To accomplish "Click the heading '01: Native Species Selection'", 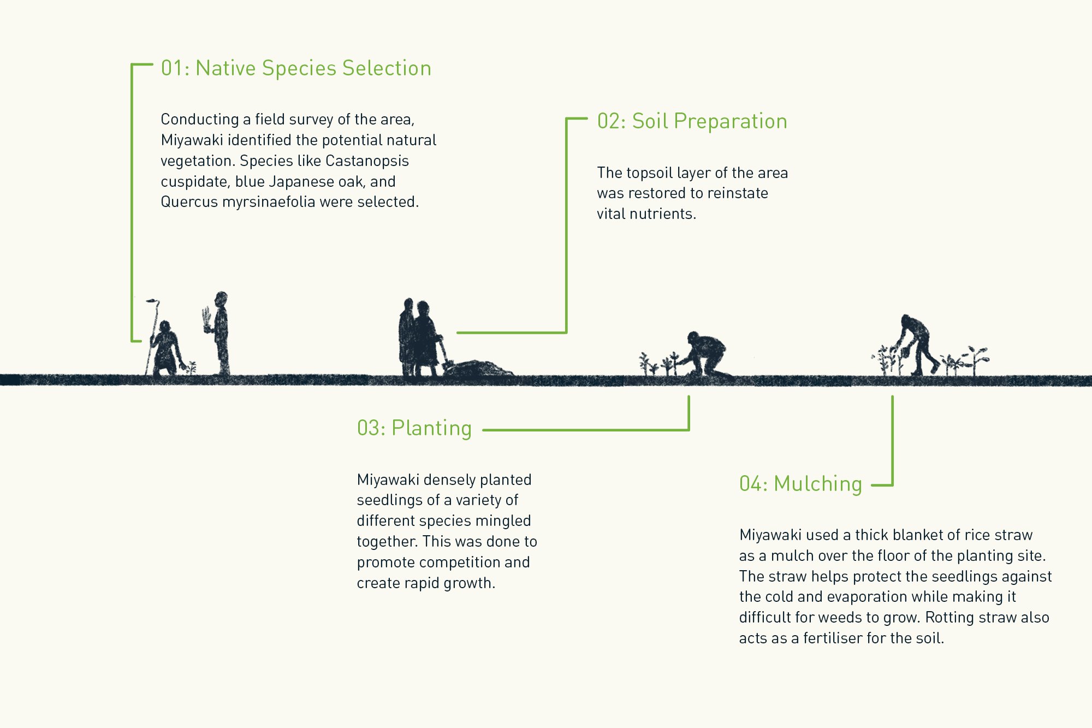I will click(x=296, y=69).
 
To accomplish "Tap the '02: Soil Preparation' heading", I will click(x=692, y=121).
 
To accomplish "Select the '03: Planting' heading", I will click(x=414, y=428).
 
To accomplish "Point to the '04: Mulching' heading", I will click(x=800, y=484).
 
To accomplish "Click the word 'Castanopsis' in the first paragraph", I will click(x=367, y=161).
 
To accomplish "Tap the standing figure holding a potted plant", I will click(x=221, y=333).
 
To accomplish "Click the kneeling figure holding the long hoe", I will click(x=166, y=350).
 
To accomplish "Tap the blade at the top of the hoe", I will click(x=152, y=301).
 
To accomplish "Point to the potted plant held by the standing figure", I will click(x=206, y=320).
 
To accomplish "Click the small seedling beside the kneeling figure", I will click(x=191, y=367).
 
